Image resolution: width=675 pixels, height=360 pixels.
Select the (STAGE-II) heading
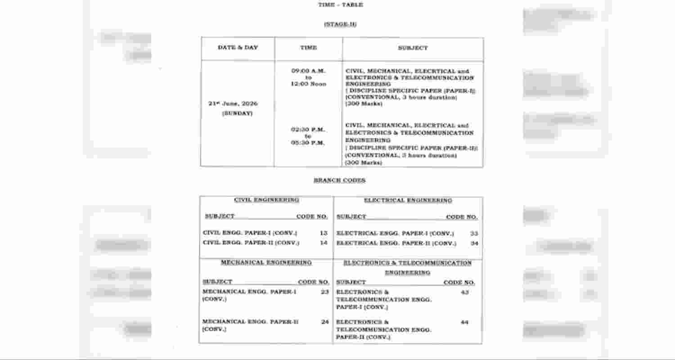coord(340,24)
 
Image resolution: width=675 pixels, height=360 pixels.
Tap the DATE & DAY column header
coord(238,47)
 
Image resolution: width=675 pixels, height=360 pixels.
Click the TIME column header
coord(308,47)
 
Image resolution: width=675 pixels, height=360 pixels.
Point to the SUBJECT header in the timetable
coord(413,48)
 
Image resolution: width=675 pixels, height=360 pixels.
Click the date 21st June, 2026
coord(233,103)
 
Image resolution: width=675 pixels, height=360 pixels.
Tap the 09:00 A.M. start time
coord(308,71)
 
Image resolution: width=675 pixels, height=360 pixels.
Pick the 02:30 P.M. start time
coord(308,130)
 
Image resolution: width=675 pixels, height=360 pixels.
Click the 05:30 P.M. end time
coord(308,143)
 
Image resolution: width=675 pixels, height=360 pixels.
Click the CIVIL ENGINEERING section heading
coord(266,200)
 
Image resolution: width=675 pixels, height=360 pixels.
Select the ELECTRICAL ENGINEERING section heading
coord(408,200)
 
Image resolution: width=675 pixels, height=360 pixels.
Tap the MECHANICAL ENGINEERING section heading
coord(266,262)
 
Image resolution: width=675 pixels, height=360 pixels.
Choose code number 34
coord(474,243)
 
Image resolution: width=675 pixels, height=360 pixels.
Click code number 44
coord(464,322)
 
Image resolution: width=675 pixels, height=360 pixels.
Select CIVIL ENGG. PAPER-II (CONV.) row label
coord(251,243)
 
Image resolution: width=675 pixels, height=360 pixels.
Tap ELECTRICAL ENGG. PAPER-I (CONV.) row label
coord(395,234)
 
